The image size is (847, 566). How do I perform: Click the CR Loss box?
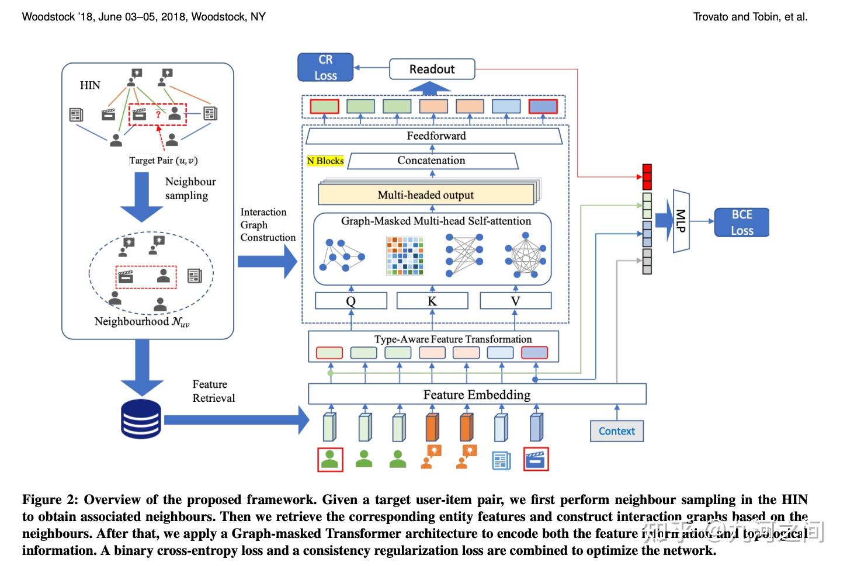point(325,67)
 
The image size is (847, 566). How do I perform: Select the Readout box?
point(432,69)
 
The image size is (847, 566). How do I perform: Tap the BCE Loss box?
point(741,223)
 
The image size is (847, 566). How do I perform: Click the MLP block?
point(681,221)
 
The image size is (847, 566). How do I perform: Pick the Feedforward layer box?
point(433,136)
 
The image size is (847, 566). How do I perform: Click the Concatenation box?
point(432,161)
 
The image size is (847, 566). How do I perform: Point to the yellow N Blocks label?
point(325,161)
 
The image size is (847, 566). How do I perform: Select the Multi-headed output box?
point(426,195)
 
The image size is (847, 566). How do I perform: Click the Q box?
point(350,301)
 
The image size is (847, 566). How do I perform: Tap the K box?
point(432,301)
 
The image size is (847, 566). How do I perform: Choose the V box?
point(515,301)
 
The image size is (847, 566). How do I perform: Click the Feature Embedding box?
point(477,394)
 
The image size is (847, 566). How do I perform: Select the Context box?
point(616,431)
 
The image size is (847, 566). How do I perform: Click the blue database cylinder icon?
point(141,419)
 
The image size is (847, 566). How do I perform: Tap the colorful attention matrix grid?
point(405,255)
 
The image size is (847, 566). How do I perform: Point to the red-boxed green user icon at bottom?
point(330,459)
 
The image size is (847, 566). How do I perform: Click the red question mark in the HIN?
point(158,114)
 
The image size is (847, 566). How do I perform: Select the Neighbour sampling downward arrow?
point(141,197)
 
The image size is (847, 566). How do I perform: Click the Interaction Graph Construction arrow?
point(267,261)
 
